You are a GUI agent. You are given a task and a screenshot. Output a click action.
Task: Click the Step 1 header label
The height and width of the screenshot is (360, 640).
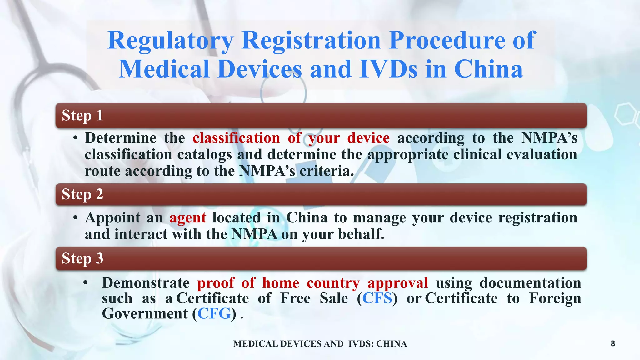82,115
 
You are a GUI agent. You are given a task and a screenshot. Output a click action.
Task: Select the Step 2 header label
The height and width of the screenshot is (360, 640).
82,194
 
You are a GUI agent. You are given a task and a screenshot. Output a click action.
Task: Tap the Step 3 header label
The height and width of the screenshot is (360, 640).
82,258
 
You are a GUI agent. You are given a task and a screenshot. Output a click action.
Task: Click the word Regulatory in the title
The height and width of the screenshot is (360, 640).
170,41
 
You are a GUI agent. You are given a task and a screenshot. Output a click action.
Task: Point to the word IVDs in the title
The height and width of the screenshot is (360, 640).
388,69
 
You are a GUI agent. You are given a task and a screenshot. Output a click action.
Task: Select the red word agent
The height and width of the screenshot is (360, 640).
188,217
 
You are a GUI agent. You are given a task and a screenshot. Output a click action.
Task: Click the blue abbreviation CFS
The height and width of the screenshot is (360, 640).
377,298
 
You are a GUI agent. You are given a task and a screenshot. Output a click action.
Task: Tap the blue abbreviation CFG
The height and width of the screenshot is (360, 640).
214,313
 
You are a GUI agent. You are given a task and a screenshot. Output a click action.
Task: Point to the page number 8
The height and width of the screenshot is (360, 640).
613,344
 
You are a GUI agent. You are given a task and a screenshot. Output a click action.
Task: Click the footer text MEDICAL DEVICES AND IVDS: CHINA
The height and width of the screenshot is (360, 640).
320,344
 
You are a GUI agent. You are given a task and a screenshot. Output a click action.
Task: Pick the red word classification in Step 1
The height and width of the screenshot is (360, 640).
236,138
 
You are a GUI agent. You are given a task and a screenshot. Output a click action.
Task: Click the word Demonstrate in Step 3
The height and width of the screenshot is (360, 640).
146,283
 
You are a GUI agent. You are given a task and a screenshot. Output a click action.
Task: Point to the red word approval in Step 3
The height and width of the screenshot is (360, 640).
398,283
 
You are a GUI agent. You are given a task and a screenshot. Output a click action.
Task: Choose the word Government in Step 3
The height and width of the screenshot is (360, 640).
145,313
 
